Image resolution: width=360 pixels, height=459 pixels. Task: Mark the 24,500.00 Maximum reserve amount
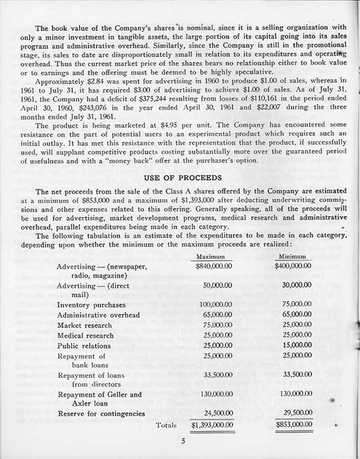tap(212, 413)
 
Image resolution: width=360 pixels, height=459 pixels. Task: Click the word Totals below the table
tap(166, 426)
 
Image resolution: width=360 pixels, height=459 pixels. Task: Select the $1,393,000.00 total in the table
tap(209, 426)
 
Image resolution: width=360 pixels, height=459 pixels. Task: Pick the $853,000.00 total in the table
tap(294, 426)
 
